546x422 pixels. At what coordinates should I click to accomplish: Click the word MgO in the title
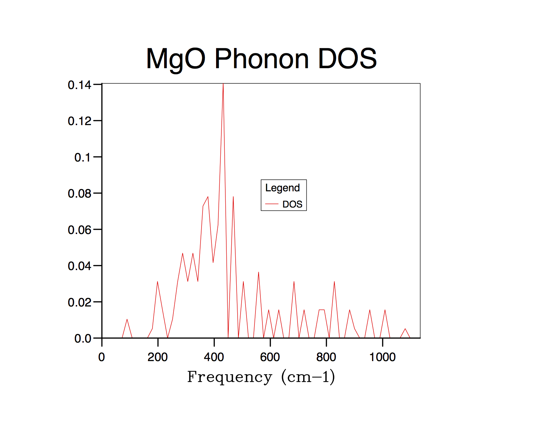(x=176, y=59)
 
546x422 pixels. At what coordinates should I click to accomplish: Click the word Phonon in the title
(x=261, y=59)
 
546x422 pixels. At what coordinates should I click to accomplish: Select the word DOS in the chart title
(x=347, y=59)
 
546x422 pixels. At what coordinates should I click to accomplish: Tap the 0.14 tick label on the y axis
(x=79, y=85)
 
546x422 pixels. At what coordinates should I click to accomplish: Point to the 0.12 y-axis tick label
(x=79, y=121)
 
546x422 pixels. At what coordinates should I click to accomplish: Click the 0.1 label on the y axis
(x=82, y=158)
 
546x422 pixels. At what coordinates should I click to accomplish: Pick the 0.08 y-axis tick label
(x=79, y=194)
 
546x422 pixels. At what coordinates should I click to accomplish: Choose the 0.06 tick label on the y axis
(x=79, y=230)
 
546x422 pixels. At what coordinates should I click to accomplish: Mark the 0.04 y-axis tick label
(x=79, y=266)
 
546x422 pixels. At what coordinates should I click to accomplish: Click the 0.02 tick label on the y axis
(x=79, y=303)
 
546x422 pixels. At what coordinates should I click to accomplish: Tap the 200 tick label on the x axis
(x=158, y=357)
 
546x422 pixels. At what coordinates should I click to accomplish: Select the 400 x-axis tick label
(x=214, y=357)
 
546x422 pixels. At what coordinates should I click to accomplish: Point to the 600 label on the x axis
(x=270, y=357)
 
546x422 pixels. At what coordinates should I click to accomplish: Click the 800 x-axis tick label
(x=326, y=357)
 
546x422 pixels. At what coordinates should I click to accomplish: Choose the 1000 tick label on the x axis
(x=383, y=357)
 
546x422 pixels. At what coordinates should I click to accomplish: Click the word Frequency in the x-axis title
(x=230, y=377)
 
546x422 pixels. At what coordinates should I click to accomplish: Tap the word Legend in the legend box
(x=283, y=188)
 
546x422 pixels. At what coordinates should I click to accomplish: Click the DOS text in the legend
(x=293, y=204)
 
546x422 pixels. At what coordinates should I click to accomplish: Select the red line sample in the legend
(x=272, y=204)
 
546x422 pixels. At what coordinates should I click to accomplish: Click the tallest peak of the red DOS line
(x=223, y=85)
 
